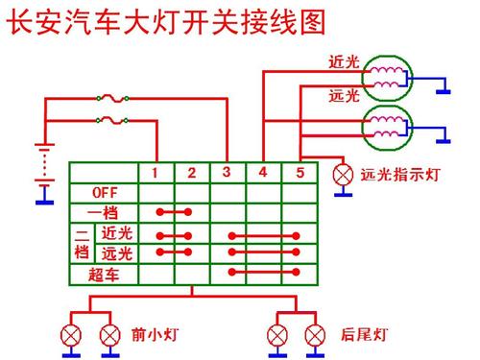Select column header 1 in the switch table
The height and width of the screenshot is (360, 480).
tap(157, 173)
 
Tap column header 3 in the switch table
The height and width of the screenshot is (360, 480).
tap(227, 173)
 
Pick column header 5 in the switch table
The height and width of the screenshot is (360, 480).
tap(299, 173)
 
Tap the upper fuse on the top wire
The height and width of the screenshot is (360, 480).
tap(109, 98)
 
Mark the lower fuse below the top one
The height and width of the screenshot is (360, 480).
tap(109, 120)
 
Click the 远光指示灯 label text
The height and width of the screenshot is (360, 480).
tap(399, 176)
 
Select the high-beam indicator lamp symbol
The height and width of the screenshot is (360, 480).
tap(342, 176)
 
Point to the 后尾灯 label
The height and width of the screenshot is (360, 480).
tap(364, 335)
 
